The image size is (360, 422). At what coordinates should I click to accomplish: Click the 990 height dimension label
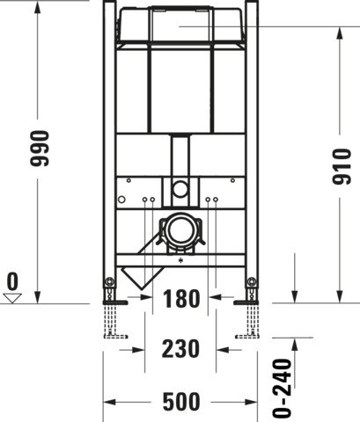click(40, 149)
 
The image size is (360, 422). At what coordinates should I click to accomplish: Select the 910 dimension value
click(342, 166)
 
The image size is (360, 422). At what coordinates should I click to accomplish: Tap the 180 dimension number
click(181, 299)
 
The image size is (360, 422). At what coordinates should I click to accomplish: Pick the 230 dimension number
click(180, 349)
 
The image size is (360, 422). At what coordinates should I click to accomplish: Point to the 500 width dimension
click(181, 402)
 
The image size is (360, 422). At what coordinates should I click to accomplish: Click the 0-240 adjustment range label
click(282, 388)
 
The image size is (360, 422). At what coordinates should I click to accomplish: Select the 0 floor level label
click(12, 281)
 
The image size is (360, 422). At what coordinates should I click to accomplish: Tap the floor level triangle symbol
click(12, 298)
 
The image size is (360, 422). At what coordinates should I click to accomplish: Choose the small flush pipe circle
click(180, 188)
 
